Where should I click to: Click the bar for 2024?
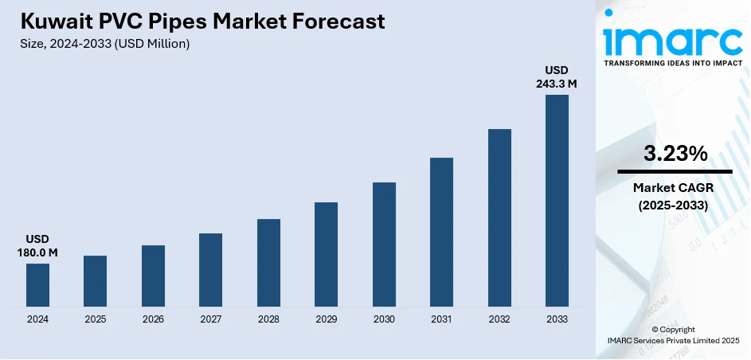pyautogui.click(x=37, y=285)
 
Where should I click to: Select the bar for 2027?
pyautogui.click(x=210, y=270)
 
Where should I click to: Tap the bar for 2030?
pyautogui.click(x=384, y=245)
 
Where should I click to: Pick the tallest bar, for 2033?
pyautogui.click(x=557, y=201)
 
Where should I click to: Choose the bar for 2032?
pyautogui.click(x=499, y=217)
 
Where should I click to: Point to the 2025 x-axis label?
pyautogui.click(x=95, y=319)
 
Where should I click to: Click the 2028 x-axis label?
pyautogui.click(x=268, y=319)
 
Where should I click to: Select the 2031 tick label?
pyautogui.click(x=441, y=319)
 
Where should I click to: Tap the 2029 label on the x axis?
pyautogui.click(x=326, y=319)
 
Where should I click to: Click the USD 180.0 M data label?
pyautogui.click(x=37, y=246)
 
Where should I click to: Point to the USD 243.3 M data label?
pyautogui.click(x=557, y=76)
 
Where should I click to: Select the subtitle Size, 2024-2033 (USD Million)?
pyautogui.click(x=104, y=44)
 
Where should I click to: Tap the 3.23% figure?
pyautogui.click(x=675, y=155)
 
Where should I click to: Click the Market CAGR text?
pyautogui.click(x=675, y=188)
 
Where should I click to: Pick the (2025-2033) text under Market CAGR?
pyautogui.click(x=675, y=205)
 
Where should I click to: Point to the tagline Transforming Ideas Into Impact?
pyautogui.click(x=674, y=62)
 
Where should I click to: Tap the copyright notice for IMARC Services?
pyautogui.click(x=674, y=335)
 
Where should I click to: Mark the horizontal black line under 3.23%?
pyautogui.click(x=675, y=171)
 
